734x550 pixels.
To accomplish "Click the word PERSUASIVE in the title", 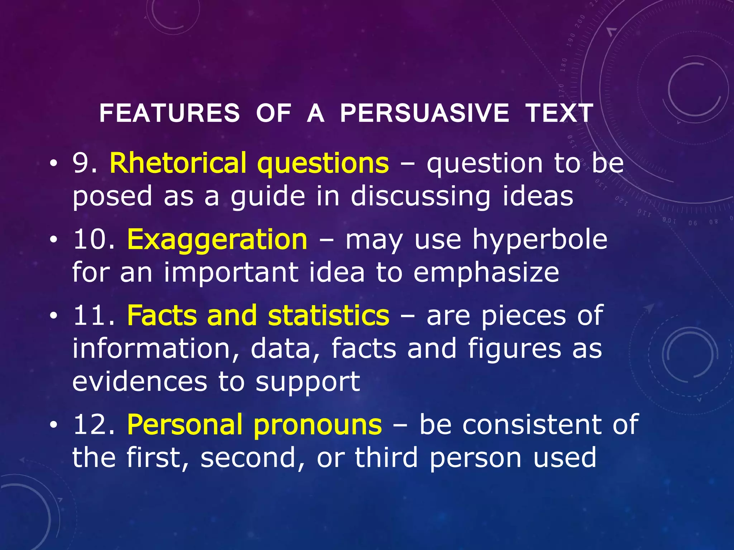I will [x=424, y=113].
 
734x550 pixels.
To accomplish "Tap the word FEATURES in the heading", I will [x=170, y=113].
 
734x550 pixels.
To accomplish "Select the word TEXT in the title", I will [x=559, y=113].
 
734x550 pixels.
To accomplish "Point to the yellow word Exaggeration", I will [x=217, y=240].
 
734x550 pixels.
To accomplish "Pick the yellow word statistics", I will [x=328, y=316].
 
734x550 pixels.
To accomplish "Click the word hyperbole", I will [x=540, y=240].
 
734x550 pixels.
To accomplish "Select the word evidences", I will [x=140, y=382].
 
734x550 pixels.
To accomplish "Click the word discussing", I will [x=420, y=197].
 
